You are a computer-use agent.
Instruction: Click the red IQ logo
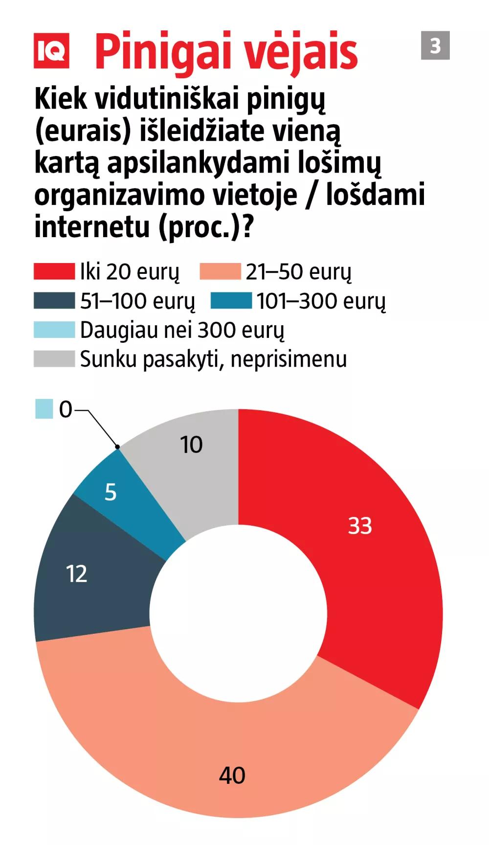(51, 51)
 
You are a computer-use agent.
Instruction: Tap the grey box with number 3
(435, 45)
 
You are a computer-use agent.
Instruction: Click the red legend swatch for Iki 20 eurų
(54, 272)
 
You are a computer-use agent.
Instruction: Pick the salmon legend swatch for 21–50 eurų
(220, 272)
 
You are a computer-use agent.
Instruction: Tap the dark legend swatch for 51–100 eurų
(54, 301)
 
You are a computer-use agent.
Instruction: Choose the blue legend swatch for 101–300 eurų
(231, 301)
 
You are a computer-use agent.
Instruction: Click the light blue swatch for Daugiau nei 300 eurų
(54, 330)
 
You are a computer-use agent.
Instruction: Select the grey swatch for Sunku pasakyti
(54, 358)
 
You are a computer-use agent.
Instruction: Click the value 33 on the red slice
(360, 526)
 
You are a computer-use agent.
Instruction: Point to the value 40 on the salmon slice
(232, 776)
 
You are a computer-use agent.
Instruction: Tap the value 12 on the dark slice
(77, 574)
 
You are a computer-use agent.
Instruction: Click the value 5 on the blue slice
(111, 492)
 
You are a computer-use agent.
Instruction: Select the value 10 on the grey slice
(191, 445)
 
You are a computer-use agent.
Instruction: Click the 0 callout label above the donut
(66, 410)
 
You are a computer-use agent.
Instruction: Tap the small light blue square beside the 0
(44, 409)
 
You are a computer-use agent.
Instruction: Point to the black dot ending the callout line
(117, 446)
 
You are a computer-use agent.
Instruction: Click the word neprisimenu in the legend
(289, 359)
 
